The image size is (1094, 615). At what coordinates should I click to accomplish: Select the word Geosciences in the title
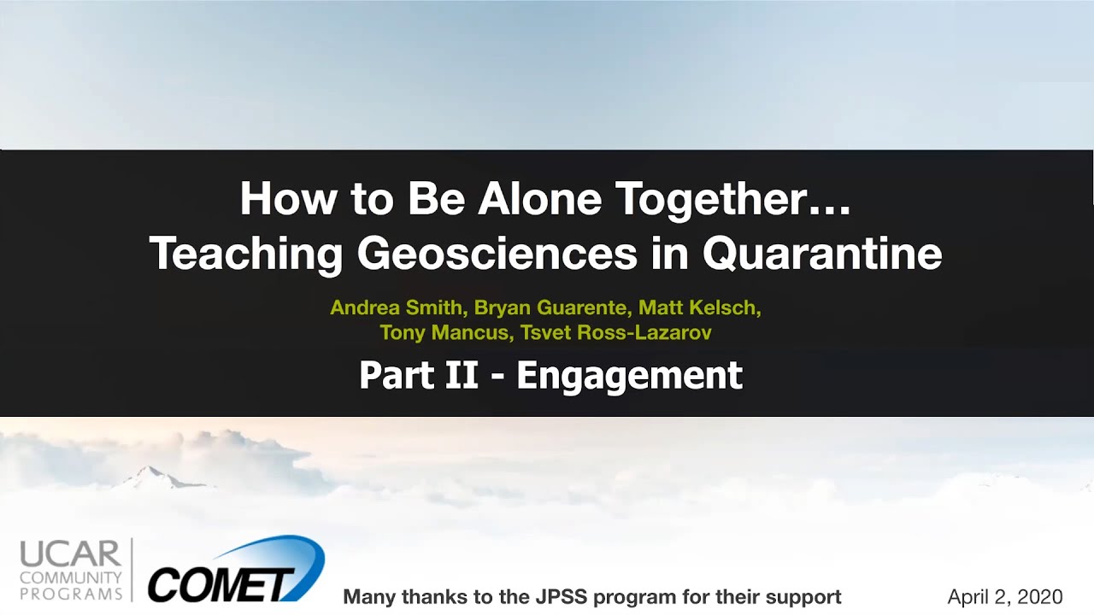[497, 254]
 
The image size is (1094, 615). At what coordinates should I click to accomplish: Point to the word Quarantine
[822, 254]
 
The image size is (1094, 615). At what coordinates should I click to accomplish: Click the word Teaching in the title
[245, 254]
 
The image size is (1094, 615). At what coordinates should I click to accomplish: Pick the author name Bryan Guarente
[550, 308]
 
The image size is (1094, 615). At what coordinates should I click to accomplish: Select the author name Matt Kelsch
[699, 308]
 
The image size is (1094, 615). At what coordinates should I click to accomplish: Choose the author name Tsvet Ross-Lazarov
[616, 333]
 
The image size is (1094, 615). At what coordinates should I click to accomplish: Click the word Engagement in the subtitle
[630, 377]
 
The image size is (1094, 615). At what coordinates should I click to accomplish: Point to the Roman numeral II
[461, 375]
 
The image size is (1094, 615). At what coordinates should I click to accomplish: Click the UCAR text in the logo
[70, 554]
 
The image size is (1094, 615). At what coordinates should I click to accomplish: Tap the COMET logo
[236, 570]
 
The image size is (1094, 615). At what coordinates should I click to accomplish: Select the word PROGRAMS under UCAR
[71, 594]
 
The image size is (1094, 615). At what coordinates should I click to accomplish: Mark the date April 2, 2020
[1005, 597]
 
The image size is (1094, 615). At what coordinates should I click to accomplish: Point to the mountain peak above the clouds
[150, 470]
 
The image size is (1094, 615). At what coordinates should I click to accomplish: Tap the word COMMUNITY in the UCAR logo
[71, 578]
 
